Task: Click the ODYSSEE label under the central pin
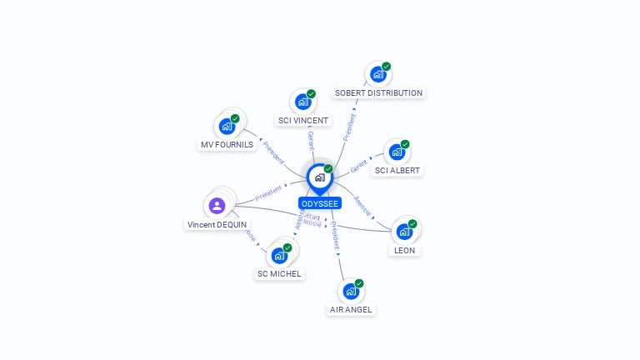(320, 203)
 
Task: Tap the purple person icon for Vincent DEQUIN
(217, 205)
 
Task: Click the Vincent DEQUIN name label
(217, 225)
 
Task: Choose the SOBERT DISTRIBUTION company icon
(378, 74)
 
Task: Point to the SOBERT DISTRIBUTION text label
(378, 93)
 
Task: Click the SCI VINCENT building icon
(302, 102)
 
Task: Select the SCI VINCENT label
(303, 121)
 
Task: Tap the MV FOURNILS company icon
(227, 127)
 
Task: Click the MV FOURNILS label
(227, 145)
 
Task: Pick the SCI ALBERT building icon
(397, 152)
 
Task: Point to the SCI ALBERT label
(397, 171)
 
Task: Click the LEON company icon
(404, 232)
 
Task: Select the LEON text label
(404, 250)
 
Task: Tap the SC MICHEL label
(279, 274)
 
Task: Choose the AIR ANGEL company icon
(351, 292)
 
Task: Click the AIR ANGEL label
(352, 310)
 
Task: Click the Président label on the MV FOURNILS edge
(273, 151)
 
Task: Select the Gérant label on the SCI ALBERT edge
(359, 166)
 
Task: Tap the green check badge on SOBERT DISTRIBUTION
(387, 67)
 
